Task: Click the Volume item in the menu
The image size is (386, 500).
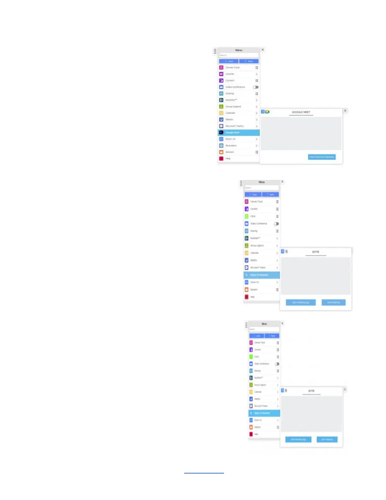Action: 230,74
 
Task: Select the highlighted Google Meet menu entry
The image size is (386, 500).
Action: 232,133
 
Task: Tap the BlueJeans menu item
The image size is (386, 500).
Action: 231,146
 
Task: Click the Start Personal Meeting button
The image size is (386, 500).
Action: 322,157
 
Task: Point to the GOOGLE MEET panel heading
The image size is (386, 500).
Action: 301,112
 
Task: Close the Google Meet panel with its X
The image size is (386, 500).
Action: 345,111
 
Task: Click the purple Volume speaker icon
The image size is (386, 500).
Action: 221,74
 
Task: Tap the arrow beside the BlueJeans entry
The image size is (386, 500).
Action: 257,146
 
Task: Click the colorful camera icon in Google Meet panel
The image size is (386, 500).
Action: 267,112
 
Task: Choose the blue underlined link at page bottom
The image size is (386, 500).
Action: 204,473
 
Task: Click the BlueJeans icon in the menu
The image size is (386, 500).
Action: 221,146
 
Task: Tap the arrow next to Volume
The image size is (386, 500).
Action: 257,74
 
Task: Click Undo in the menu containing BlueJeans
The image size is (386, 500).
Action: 229,61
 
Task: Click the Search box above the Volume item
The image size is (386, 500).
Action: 239,55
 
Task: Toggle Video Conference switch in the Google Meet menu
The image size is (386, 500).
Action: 255,87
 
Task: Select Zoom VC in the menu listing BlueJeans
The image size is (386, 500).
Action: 231,139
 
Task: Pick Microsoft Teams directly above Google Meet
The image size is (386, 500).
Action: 234,126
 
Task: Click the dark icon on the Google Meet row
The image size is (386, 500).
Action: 221,133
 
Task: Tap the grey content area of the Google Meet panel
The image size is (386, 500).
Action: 301,134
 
